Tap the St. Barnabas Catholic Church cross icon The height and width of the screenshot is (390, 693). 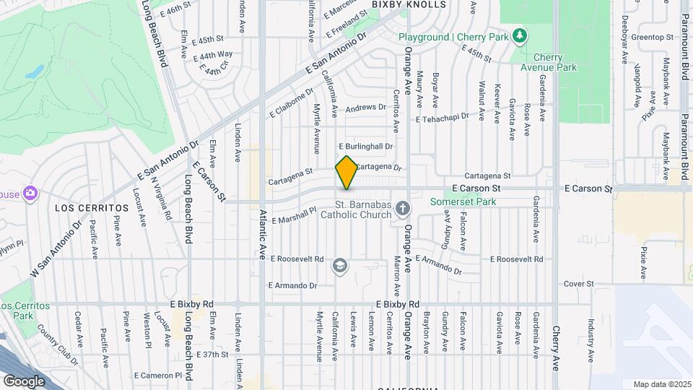coord(404,209)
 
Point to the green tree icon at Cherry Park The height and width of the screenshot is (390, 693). coord(519,35)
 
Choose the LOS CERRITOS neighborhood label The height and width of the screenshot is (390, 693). coord(92,207)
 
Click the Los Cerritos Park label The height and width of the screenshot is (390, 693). coord(25,311)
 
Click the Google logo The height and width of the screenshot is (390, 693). coord(24,381)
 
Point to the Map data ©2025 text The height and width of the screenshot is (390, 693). coord(661,383)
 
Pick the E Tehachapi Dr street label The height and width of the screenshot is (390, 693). coord(443,119)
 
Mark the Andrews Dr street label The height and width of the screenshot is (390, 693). coord(366,108)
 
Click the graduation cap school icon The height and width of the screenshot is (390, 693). coord(339,266)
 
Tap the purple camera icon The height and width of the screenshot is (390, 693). coord(30,194)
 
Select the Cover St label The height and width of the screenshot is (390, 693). coord(578,284)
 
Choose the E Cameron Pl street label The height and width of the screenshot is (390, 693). coord(158,375)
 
